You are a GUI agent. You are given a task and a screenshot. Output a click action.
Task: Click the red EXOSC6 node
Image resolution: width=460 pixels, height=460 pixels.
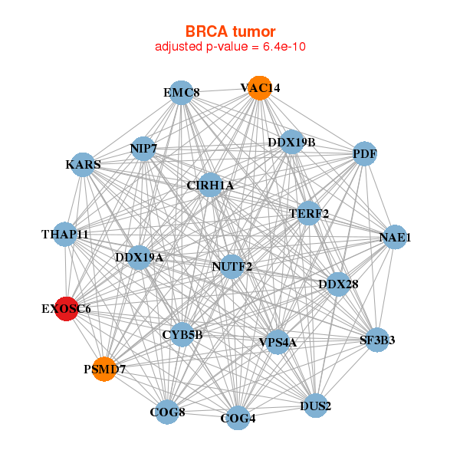pyautogui.click(x=67, y=309)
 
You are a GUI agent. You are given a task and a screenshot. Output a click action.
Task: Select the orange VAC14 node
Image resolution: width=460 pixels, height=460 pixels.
pyautogui.click(x=259, y=88)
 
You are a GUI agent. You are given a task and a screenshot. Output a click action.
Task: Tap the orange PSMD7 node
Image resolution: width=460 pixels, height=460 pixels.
pyautogui.click(x=104, y=370)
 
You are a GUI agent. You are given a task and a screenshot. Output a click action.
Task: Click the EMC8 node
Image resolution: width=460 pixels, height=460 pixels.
pyautogui.click(x=181, y=94)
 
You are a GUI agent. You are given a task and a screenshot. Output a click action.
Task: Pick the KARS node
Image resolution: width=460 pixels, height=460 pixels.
pyautogui.click(x=83, y=165)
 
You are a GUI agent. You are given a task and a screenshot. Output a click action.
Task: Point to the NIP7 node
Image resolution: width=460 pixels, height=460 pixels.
pyautogui.click(x=143, y=148)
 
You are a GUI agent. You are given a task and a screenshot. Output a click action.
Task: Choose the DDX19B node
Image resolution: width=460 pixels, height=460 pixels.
pyautogui.click(x=291, y=142)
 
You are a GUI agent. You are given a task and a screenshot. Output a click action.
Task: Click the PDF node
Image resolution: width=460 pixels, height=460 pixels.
pyautogui.click(x=365, y=154)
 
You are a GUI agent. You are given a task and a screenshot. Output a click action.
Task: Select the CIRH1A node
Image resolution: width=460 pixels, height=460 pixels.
pyautogui.click(x=210, y=185)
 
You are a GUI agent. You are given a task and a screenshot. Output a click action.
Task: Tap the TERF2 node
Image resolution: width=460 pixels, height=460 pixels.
pyautogui.click(x=308, y=213)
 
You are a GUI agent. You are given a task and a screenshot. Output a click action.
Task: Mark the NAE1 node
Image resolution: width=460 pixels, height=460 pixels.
pyautogui.click(x=395, y=238)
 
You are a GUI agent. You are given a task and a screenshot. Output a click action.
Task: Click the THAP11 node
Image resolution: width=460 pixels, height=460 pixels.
pyautogui.click(x=65, y=234)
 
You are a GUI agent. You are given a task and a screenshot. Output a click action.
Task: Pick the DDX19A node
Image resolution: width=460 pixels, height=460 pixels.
pyautogui.click(x=139, y=258)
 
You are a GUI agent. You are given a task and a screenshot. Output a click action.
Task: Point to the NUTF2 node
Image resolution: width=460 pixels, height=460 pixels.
pyautogui.click(x=232, y=267)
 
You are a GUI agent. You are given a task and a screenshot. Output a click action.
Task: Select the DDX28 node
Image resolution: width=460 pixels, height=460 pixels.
pyautogui.click(x=338, y=284)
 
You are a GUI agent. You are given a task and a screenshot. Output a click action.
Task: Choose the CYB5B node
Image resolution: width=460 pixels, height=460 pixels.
pyautogui.click(x=182, y=334)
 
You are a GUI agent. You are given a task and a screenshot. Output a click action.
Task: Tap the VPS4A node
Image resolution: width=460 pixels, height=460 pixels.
pyautogui.click(x=277, y=342)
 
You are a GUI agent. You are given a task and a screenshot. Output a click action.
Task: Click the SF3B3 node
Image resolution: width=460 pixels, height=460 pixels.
pyautogui.click(x=376, y=339)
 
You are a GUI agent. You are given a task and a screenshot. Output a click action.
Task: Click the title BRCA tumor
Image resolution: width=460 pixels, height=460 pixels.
pyautogui.click(x=230, y=31)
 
